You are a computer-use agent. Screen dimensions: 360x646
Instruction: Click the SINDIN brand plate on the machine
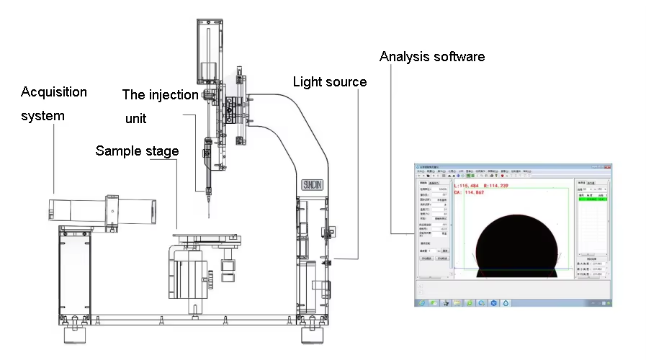click(313, 184)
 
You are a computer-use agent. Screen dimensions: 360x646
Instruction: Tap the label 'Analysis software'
click(432, 56)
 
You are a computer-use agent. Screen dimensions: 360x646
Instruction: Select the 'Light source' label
click(330, 81)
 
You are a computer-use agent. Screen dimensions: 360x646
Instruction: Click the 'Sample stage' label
click(137, 150)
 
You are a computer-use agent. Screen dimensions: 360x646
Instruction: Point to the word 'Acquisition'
click(54, 92)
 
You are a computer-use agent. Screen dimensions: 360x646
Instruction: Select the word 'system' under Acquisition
click(42, 116)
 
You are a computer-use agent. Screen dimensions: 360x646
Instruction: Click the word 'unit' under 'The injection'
click(135, 119)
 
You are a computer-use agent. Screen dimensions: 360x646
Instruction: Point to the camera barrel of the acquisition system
click(101, 209)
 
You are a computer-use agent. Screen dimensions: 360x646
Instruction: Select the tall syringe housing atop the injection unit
click(210, 50)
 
